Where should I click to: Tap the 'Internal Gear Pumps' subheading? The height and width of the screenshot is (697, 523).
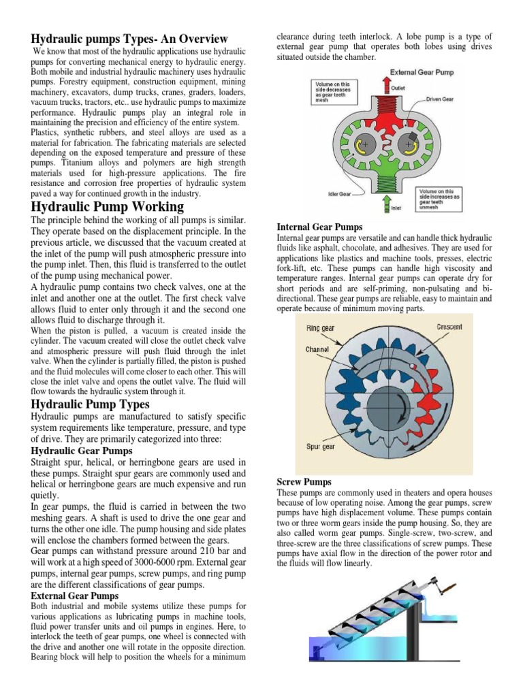coord(319,227)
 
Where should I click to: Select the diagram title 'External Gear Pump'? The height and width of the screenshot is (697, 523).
coord(422,72)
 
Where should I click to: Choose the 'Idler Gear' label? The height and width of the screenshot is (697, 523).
coord(339,194)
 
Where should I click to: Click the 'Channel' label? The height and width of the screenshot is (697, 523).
coord(317,349)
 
